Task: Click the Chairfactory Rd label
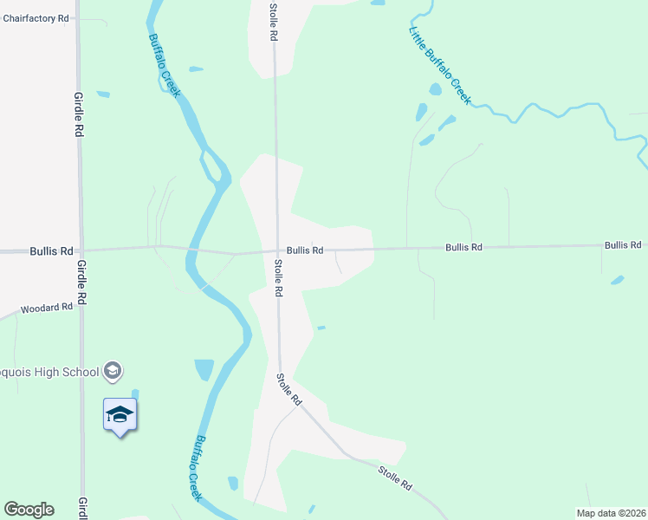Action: pyautogui.click(x=36, y=17)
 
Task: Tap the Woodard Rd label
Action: pyautogui.click(x=47, y=308)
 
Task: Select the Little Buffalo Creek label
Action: pyautogui.click(x=439, y=64)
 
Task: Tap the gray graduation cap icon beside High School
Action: pyautogui.click(x=112, y=372)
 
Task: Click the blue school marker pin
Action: pyautogui.click(x=120, y=416)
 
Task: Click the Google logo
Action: pyautogui.click(x=29, y=510)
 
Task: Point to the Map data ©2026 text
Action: pyautogui.click(x=612, y=513)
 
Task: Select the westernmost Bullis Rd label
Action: pyautogui.click(x=51, y=251)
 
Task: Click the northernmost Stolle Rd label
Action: pyautogui.click(x=273, y=22)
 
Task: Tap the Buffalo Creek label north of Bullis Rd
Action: pyautogui.click(x=164, y=65)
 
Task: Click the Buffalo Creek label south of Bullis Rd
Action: pyautogui.click(x=197, y=468)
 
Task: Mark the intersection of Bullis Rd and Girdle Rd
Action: pyautogui.click(x=81, y=250)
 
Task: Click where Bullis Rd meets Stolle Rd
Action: pyautogui.click(x=278, y=252)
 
